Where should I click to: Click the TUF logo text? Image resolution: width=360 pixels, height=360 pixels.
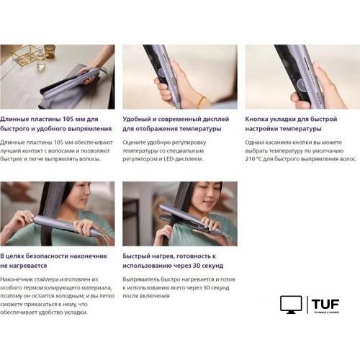(325, 304)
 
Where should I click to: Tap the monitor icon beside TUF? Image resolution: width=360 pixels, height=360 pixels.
(291, 305)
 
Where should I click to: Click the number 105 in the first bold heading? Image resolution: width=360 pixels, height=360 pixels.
(68, 119)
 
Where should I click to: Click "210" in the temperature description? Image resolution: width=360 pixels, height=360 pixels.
(250, 159)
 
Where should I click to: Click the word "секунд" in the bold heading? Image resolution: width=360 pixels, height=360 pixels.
(212, 266)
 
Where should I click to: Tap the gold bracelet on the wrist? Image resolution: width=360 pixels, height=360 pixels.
(202, 102)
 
